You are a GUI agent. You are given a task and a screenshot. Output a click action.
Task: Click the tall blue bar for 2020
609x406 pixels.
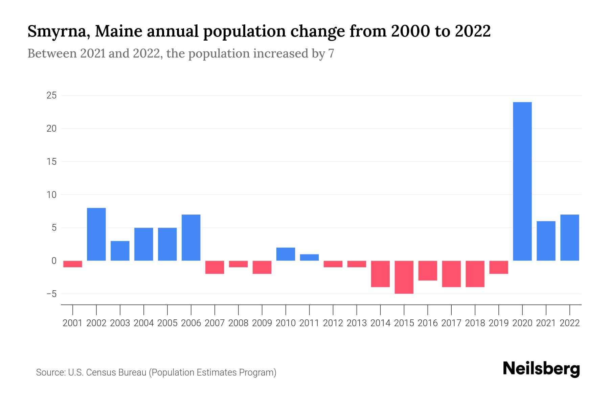[x=522, y=181]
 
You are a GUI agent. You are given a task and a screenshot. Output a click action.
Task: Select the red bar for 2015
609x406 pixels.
[x=404, y=277]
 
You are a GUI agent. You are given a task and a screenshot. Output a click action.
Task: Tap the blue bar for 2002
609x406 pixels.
[x=96, y=234]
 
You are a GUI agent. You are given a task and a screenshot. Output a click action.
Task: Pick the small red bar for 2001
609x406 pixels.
[x=73, y=264]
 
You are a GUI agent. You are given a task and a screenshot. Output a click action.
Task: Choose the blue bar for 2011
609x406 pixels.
[x=309, y=257]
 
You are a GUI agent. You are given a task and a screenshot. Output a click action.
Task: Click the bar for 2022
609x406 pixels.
[x=570, y=238]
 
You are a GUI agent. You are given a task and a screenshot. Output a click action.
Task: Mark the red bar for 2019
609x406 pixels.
[x=499, y=267]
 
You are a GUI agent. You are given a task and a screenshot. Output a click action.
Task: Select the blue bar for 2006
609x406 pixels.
[x=191, y=238]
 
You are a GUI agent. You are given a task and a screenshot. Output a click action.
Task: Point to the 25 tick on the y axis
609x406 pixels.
[x=51, y=96]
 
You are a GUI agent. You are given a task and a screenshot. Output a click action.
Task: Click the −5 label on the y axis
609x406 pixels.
[x=51, y=294]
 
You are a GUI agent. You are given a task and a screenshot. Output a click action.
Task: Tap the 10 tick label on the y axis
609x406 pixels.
[x=51, y=195]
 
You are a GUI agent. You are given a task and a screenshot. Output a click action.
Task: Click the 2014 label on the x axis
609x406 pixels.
[x=380, y=323]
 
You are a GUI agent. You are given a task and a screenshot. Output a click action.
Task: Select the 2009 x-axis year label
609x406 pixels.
[x=262, y=323]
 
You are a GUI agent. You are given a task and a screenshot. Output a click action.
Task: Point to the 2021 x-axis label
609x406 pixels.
[x=546, y=323]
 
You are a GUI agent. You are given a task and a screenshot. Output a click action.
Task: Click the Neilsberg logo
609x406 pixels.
[x=541, y=369]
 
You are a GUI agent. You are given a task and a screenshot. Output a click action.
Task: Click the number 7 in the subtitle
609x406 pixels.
[x=331, y=53]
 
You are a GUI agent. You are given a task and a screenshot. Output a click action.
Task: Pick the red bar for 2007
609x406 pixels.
[x=215, y=267]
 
